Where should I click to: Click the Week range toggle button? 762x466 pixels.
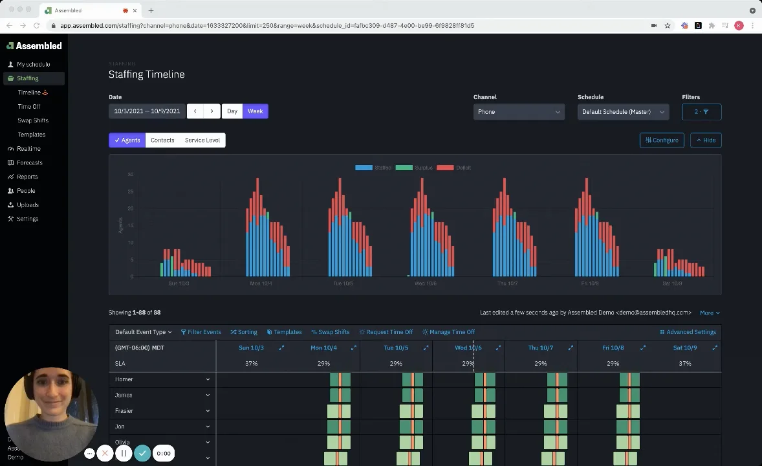tap(255, 111)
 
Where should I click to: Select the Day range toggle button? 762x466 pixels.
tap(232, 111)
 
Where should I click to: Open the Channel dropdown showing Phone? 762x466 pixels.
tap(518, 112)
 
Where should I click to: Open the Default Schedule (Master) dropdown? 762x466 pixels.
tap(622, 112)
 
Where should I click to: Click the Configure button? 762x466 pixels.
tap(662, 140)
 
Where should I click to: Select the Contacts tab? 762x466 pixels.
tap(162, 140)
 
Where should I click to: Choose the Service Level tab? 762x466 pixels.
tap(202, 140)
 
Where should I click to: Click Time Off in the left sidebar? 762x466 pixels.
tap(29, 107)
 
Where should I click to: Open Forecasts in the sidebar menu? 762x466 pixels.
tap(29, 162)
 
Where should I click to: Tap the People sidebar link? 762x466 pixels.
tap(26, 191)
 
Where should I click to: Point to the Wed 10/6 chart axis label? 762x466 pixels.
tap(425, 283)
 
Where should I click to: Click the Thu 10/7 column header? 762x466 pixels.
tap(540, 348)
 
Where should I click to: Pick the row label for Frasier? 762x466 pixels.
tap(124, 411)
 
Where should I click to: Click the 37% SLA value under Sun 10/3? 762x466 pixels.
tap(251, 364)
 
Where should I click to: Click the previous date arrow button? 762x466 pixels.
tap(195, 111)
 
